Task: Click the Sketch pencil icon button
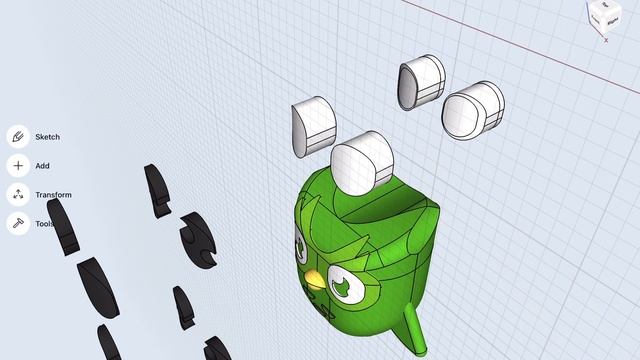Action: coord(18,136)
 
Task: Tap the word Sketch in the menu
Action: coord(48,137)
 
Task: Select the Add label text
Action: coord(42,166)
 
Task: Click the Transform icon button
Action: coord(18,194)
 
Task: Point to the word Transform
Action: coord(53,195)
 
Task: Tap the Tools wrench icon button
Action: coord(18,223)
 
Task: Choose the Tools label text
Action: coord(44,224)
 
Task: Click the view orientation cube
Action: coord(605,17)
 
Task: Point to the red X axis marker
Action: coord(606,40)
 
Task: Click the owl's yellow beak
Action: coord(315,280)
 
